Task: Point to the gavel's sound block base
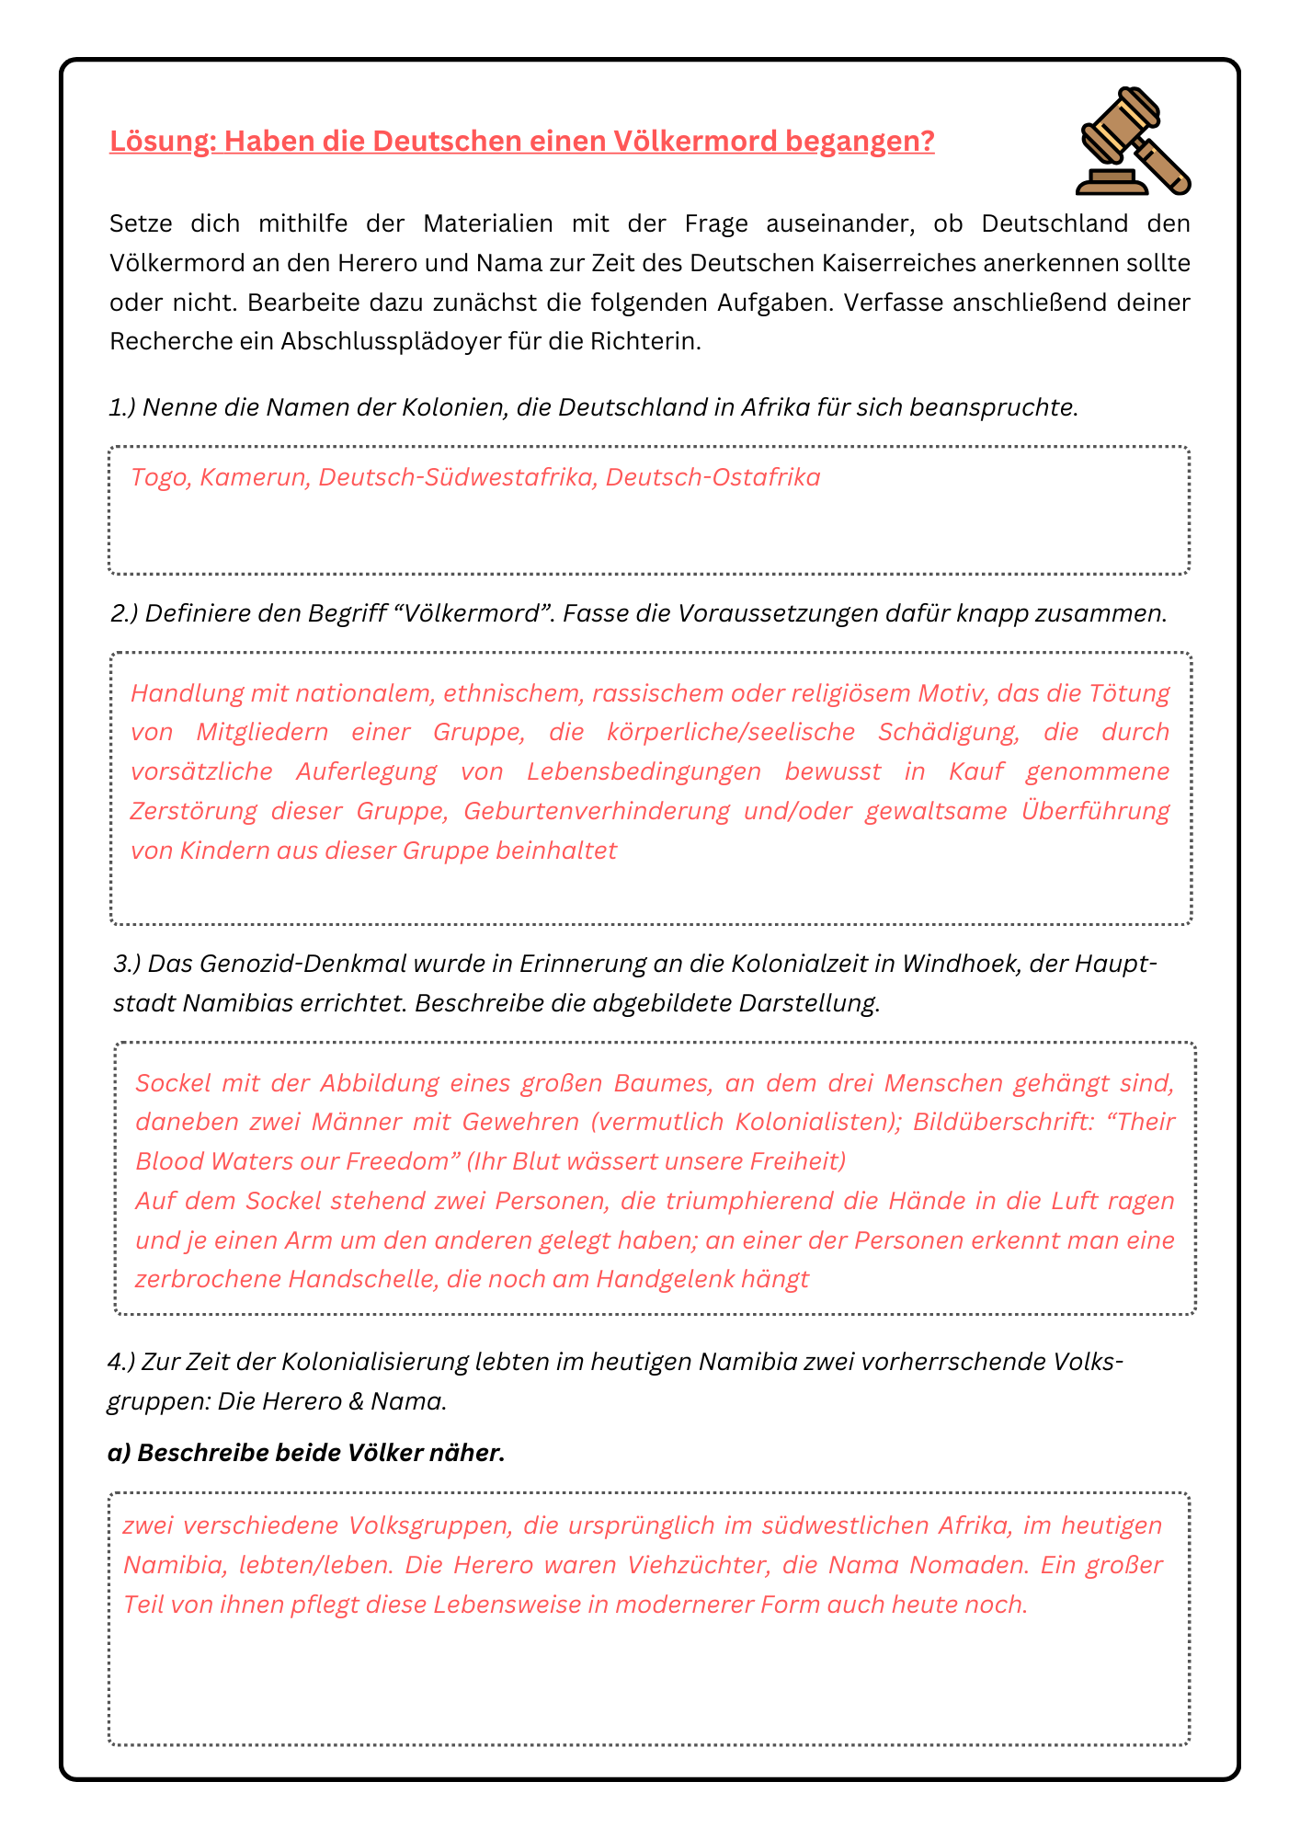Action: pyautogui.click(x=1112, y=182)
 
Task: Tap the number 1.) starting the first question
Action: pyautogui.click(x=122, y=407)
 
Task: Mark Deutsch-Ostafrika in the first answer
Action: pyautogui.click(x=713, y=477)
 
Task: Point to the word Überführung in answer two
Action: pyautogui.click(x=1095, y=811)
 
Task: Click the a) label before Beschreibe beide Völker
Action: pyautogui.click(x=119, y=1453)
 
